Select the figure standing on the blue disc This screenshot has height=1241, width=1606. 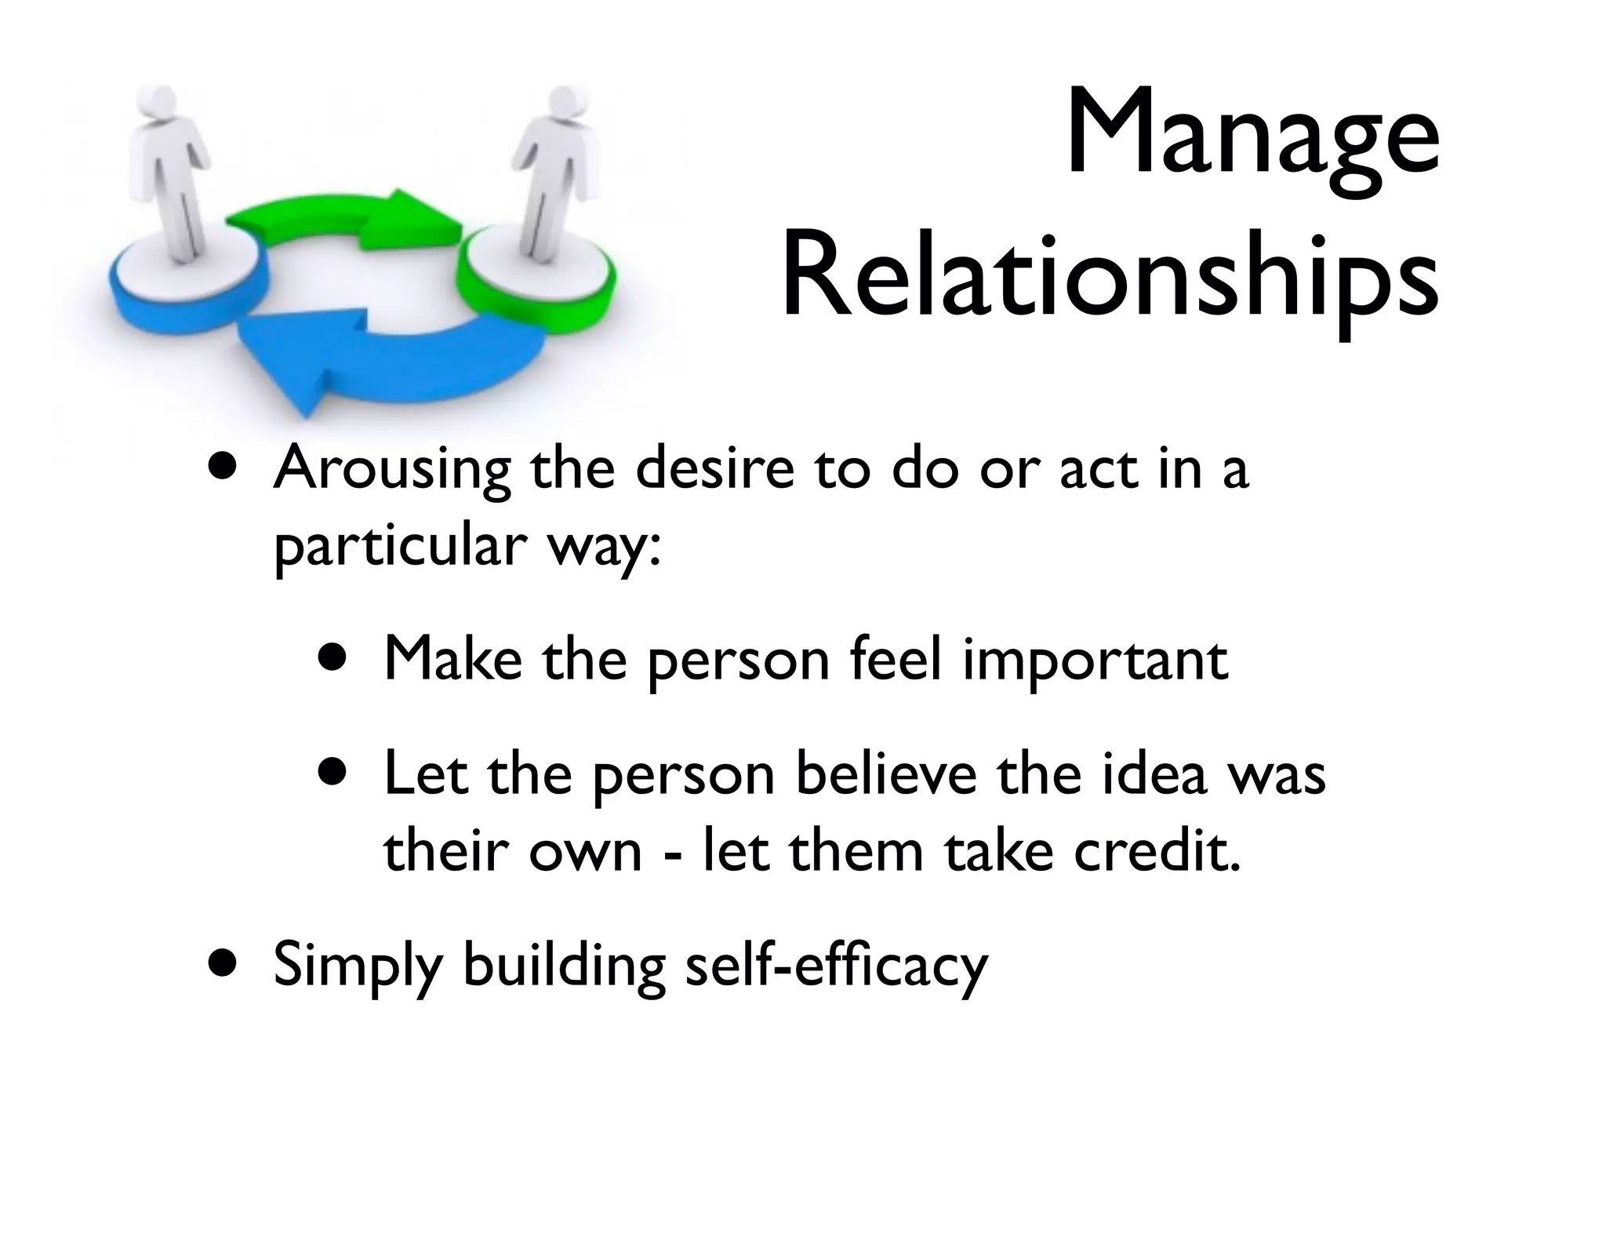coord(174,169)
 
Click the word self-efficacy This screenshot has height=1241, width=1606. coord(836,965)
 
